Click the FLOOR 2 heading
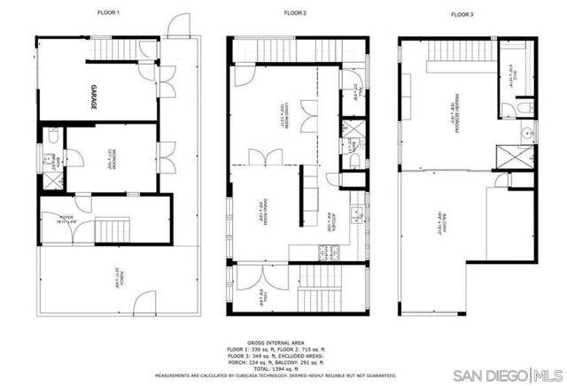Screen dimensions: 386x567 pyautogui.click(x=294, y=12)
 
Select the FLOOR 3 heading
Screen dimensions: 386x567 pyautogui.click(x=462, y=13)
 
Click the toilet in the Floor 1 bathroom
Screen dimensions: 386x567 pyautogui.click(x=53, y=138)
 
